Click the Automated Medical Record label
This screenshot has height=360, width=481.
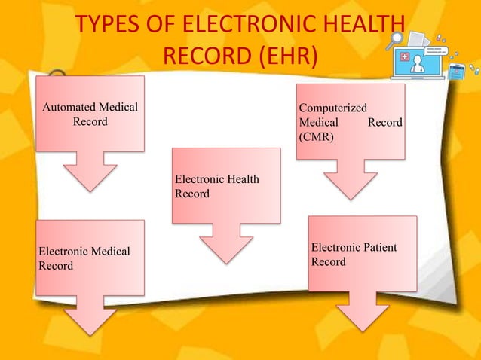point(90,114)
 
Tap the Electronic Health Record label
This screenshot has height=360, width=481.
point(216,186)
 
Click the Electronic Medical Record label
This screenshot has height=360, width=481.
point(84,258)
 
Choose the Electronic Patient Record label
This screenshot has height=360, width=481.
point(354,255)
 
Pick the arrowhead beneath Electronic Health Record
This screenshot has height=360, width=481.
point(225,247)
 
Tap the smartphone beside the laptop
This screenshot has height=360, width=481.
point(455,72)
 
